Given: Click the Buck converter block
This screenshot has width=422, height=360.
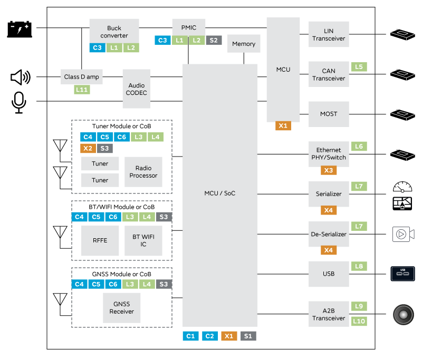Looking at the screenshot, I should pos(114,31).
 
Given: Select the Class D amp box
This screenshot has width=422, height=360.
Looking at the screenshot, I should pos(81,77).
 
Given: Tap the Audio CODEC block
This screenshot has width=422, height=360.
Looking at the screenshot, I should pos(137,89).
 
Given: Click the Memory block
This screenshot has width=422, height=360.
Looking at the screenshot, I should pos(243,44).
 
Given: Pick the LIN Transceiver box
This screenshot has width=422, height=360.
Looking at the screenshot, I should pos(329,35).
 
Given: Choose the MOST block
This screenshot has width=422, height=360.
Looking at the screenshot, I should pos(329,114).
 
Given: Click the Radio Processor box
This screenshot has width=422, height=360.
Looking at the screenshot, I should pos(143,172).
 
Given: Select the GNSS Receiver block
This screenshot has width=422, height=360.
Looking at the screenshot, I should pos(121,308).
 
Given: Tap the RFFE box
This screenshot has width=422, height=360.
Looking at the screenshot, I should pos(100,240).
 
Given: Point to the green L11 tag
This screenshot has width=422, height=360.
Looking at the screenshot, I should pos(82,90).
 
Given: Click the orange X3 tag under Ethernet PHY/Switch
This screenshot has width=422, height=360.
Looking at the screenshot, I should pos(329,170).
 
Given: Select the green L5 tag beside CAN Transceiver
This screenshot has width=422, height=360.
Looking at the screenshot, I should pos(359,67).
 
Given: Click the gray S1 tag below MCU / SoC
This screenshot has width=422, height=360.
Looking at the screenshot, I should pos(248,336).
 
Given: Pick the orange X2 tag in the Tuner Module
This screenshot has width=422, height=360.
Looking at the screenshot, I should pos(88,148).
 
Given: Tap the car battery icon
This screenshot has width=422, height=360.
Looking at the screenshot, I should pos(20,29).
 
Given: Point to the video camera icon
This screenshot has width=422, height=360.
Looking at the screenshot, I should pos(404,234).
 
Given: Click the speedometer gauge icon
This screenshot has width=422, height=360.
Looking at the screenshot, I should pos(402,187).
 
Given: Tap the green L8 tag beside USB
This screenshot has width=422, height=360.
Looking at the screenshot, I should pos(359,266).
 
